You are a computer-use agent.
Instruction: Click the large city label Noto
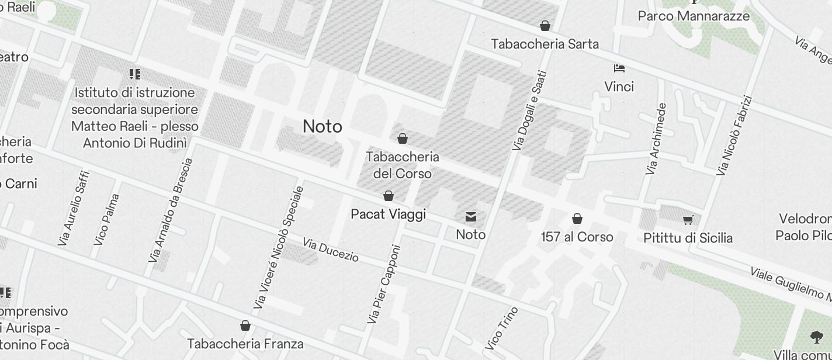(x=323, y=127)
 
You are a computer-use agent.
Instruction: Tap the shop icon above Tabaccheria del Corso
(x=402, y=139)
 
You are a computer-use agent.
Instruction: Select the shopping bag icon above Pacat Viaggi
(x=389, y=196)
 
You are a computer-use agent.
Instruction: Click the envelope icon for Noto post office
(x=471, y=217)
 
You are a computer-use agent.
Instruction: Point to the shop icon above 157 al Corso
(x=577, y=219)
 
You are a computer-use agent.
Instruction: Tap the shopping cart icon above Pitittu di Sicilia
(x=688, y=220)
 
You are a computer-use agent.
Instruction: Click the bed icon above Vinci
(x=619, y=68)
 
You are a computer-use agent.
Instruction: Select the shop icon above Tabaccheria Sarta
(x=545, y=26)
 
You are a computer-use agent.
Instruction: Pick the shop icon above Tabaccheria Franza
(x=245, y=326)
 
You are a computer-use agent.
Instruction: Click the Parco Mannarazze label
(x=694, y=16)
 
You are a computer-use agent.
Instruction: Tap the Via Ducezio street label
(x=331, y=250)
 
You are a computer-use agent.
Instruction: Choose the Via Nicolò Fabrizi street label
(x=734, y=136)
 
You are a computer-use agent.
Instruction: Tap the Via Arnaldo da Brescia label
(x=171, y=210)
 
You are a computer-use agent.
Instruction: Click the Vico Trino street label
(x=501, y=328)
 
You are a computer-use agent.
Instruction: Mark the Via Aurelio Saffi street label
(x=74, y=208)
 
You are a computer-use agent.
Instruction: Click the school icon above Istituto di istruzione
(x=135, y=74)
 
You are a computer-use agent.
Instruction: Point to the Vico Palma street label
(x=106, y=219)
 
